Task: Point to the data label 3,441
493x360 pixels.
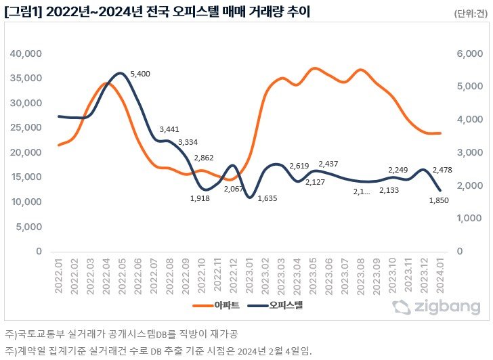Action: (x=170, y=129)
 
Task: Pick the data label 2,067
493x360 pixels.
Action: (x=235, y=189)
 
